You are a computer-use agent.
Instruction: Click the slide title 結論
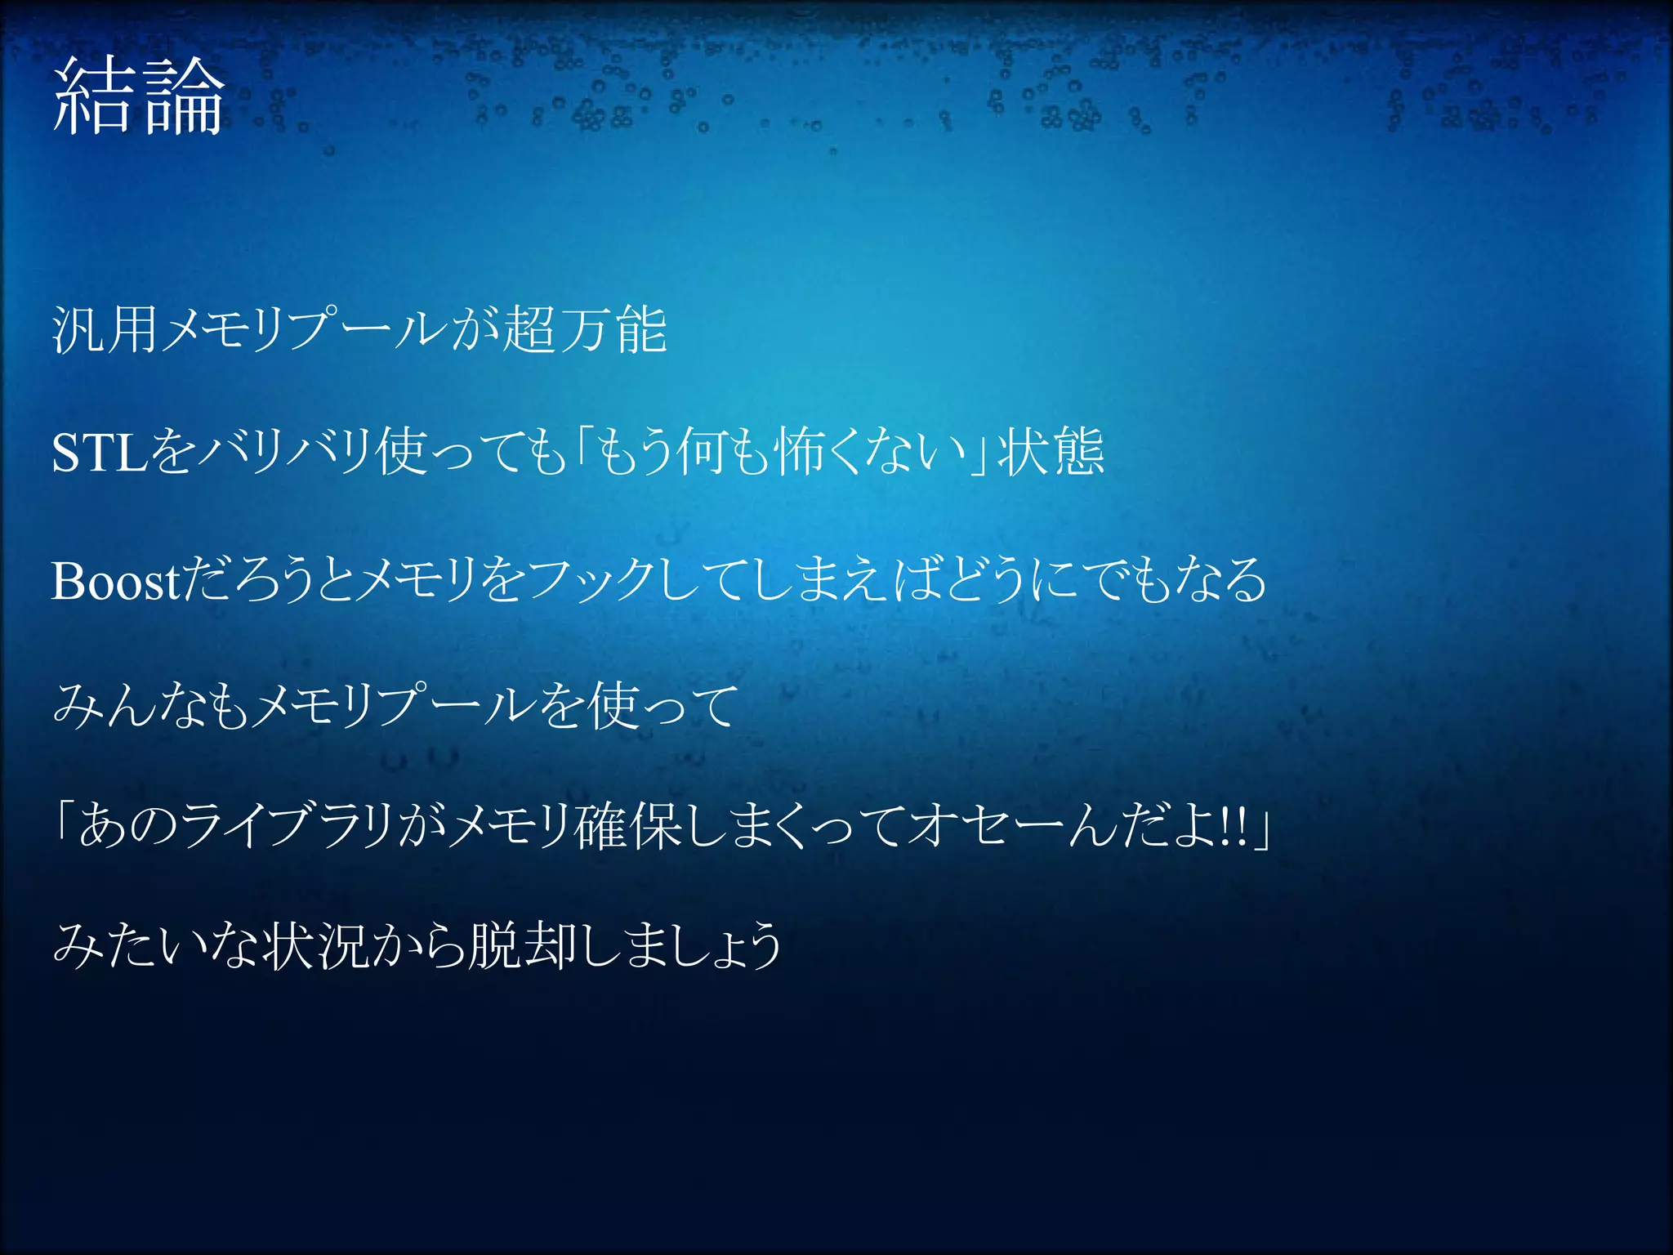(x=138, y=97)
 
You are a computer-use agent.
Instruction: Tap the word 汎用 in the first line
(x=105, y=331)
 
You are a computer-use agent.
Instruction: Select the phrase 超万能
(x=585, y=331)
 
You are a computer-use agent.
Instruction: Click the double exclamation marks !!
(x=1234, y=827)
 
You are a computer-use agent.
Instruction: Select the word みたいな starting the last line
(x=155, y=946)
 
